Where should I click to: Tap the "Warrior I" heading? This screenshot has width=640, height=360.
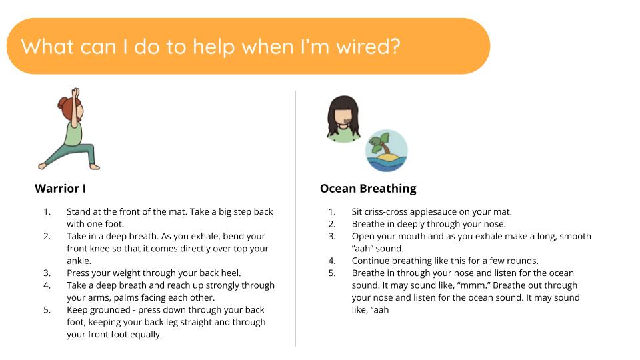pos(60,189)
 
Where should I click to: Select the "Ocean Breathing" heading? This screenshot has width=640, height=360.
pos(368,189)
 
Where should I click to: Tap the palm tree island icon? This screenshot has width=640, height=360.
pos(386,151)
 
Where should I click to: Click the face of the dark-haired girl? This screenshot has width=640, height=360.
pos(345,119)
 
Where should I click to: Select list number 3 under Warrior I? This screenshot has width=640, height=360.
pos(47,273)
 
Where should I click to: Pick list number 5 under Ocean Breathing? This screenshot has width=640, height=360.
pos(332,273)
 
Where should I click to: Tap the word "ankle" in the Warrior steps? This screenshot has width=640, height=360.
pos(79,261)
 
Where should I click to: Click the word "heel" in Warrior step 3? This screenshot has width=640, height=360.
pos(233,273)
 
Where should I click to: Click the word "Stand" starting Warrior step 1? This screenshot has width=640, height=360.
pos(79,212)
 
